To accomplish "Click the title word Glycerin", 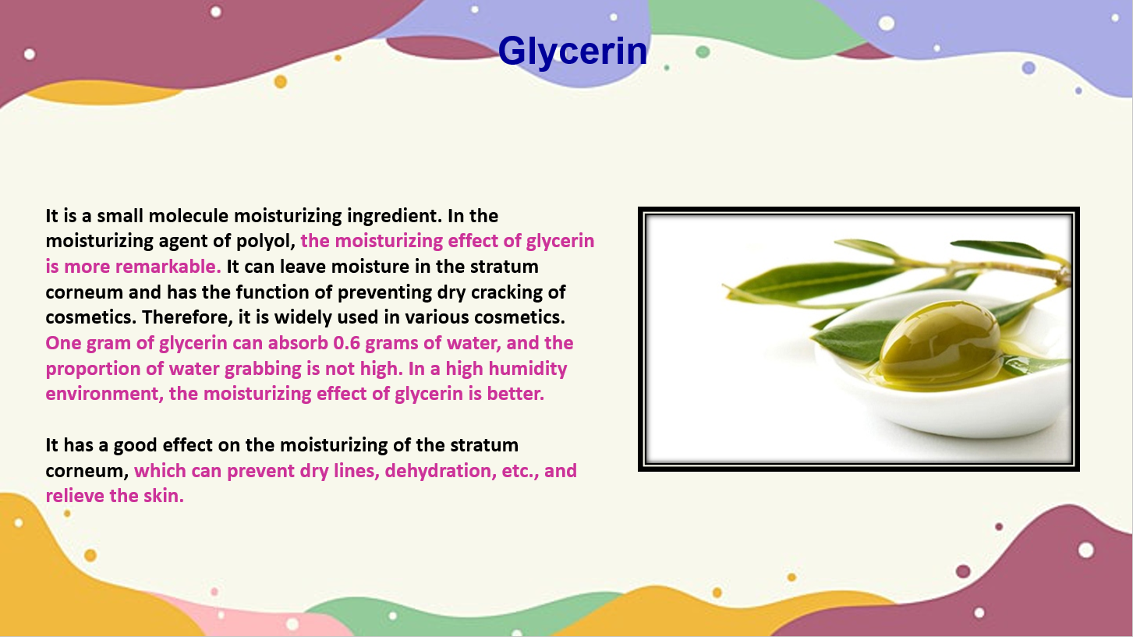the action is coord(572,51).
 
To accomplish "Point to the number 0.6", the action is coord(346,343).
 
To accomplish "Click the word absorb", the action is coord(298,343).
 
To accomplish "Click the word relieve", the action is coord(75,496).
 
